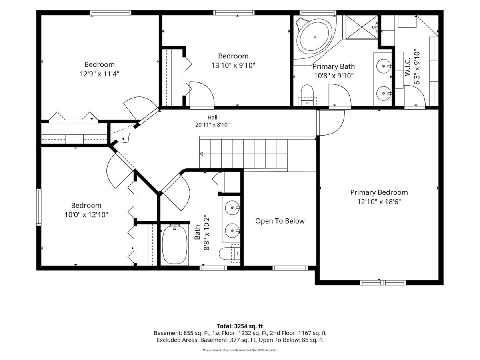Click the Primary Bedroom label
point(379,192)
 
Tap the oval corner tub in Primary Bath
point(315,37)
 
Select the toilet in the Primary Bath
point(307,95)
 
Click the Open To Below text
point(280,221)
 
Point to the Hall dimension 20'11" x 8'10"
point(212,125)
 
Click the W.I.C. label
point(407,67)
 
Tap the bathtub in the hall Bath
point(175,244)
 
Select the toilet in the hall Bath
point(229,253)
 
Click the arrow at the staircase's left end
point(201,154)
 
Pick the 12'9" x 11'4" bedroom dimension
point(99,74)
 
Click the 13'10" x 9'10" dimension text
point(233,65)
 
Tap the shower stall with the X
point(360,27)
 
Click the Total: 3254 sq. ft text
point(240,326)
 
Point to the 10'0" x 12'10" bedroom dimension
point(86,215)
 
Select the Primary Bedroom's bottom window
point(383,282)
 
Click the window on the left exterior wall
point(39,207)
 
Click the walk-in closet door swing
point(415,96)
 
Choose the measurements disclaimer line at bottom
point(240,350)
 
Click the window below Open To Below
point(290,268)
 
